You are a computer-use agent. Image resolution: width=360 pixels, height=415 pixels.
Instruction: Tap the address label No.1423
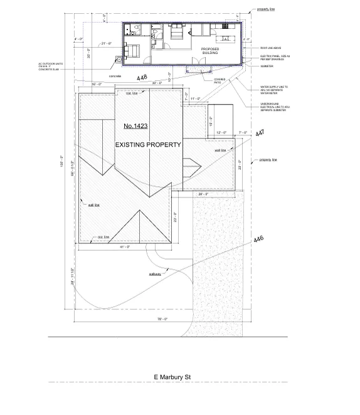(135, 126)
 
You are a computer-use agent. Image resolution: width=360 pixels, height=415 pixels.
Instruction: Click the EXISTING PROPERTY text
(147, 145)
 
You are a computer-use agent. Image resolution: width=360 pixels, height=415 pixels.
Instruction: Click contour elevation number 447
(260, 133)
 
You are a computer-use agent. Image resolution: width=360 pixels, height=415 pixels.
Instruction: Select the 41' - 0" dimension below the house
(124, 247)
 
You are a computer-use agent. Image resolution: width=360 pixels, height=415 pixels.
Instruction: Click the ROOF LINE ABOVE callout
(270, 48)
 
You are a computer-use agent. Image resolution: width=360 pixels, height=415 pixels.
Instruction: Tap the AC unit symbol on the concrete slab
(118, 60)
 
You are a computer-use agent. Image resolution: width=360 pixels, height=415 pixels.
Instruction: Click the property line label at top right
(267, 10)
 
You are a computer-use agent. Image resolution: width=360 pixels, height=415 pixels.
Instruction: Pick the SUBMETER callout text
(267, 65)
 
